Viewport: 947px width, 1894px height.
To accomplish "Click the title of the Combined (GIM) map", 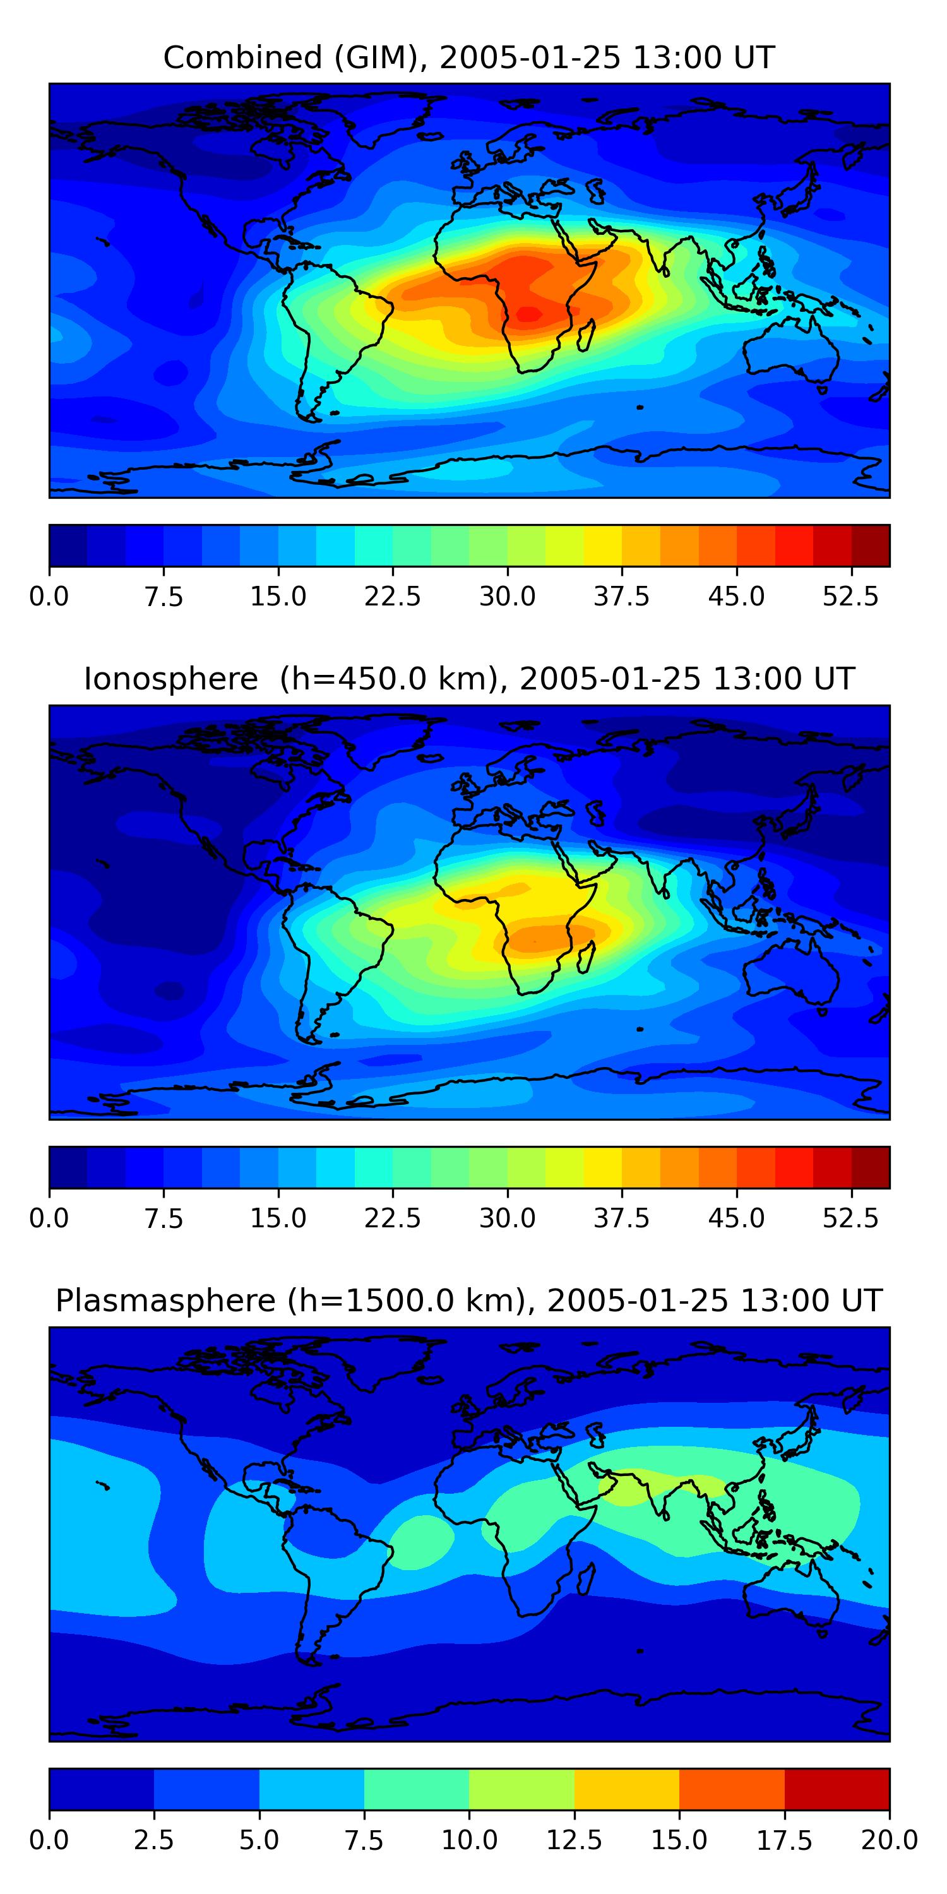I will [x=469, y=57].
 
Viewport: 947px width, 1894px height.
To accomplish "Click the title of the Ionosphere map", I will [x=469, y=679].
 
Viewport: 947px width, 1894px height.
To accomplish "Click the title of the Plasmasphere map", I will [x=469, y=1301].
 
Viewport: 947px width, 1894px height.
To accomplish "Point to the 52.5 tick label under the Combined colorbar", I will [x=850, y=596].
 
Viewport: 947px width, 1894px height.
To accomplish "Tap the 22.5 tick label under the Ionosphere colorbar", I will [x=393, y=1218].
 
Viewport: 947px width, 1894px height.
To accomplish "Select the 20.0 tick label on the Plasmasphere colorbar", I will [x=889, y=1840].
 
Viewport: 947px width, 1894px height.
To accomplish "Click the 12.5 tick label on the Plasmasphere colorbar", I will [x=575, y=1840].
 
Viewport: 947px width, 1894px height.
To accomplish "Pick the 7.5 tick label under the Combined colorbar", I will [x=164, y=596].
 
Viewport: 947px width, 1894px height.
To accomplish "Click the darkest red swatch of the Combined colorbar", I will [x=871, y=545].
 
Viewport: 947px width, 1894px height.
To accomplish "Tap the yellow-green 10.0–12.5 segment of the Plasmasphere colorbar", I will [x=521, y=1789].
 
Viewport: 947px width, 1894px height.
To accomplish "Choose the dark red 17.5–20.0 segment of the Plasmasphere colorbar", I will [x=837, y=1789].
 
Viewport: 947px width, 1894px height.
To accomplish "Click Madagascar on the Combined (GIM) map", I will [x=587, y=335].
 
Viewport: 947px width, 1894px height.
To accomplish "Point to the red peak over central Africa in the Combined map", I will [x=528, y=314].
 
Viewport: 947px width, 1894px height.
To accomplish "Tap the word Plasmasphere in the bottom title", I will [x=165, y=1301].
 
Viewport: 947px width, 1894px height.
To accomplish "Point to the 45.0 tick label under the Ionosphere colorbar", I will [x=736, y=1218].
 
